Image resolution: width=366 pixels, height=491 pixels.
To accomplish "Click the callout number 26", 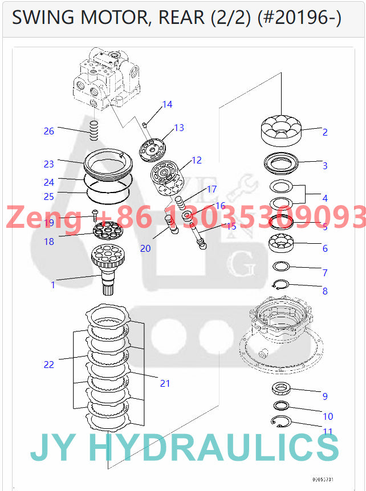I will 49,131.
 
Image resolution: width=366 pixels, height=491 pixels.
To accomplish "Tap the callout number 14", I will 167,104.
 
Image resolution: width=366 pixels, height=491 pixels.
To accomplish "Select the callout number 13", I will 179,128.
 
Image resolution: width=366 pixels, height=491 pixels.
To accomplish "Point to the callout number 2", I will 325,132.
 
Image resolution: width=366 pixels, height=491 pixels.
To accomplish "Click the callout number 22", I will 49,364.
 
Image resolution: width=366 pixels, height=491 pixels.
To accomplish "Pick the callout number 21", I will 165,383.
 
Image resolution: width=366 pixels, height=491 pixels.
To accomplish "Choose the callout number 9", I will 325,396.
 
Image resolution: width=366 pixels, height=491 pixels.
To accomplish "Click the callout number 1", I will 53,285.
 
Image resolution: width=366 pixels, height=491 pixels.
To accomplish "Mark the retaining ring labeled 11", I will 280,422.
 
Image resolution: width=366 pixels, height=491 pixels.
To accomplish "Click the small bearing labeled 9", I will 282,389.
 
